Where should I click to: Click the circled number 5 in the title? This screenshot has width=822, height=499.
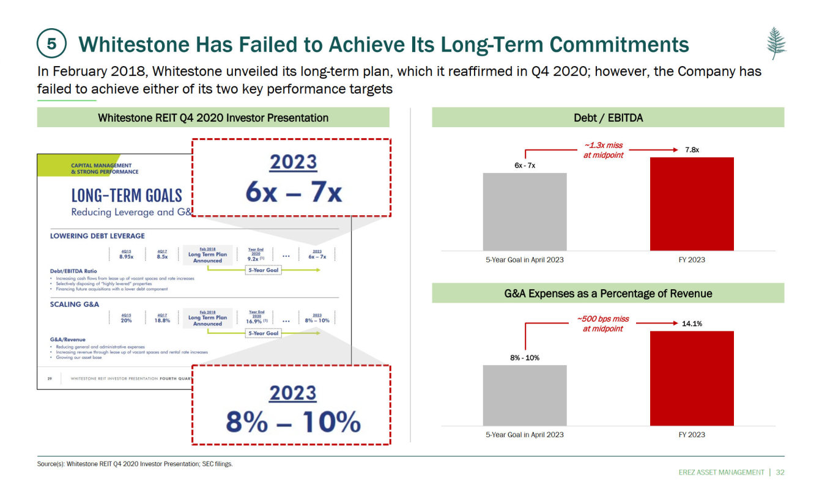point(52,44)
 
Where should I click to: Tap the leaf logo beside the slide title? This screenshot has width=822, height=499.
point(777,43)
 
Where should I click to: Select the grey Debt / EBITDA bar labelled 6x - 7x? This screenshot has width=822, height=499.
point(524,212)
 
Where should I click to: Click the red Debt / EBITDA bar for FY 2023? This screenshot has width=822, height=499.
point(692,204)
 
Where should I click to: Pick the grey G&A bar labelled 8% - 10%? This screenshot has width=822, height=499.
point(524,395)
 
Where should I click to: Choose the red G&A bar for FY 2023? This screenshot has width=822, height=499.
point(692,378)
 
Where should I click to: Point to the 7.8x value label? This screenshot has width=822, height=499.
point(692,150)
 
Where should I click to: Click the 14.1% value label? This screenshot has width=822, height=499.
point(692,323)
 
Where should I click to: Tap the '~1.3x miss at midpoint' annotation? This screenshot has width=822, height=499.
point(603,150)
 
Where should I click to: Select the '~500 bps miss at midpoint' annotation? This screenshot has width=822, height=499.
point(603,323)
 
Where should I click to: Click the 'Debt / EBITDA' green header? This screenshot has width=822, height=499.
point(608,117)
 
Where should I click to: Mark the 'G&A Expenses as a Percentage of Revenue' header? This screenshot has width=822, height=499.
point(608,294)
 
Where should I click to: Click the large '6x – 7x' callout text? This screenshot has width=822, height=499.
point(294,193)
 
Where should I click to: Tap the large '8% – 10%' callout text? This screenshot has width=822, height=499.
point(294,422)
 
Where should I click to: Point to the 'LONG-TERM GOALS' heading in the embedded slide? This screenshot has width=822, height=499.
point(127,196)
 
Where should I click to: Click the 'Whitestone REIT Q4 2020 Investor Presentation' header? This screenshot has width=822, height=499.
point(213,117)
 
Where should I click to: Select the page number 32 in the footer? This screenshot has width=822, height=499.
point(780,472)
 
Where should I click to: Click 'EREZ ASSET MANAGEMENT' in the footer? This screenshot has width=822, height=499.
point(722,472)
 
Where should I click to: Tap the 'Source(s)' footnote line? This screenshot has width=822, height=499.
point(135,464)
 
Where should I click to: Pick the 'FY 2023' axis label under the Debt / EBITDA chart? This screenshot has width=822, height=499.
point(692,260)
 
